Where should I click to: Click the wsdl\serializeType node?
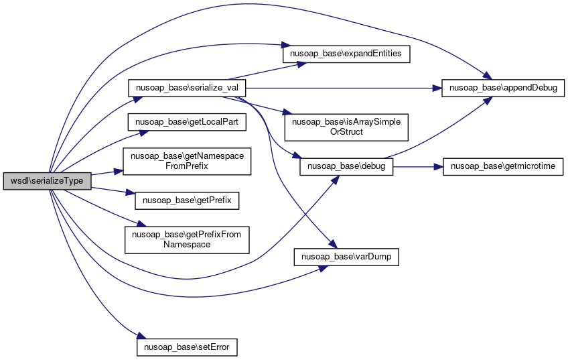tap(47, 181)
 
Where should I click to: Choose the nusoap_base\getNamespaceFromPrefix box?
tap(187, 162)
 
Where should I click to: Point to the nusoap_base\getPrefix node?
tap(187, 200)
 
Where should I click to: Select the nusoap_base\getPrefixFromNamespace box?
tap(187, 239)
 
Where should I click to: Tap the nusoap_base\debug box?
tap(346, 166)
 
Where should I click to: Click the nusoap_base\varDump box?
tap(346, 257)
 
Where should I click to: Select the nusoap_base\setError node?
tap(187, 347)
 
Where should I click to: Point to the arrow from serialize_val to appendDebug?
tap(342, 88)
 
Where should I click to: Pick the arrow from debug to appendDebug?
tap(442, 127)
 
